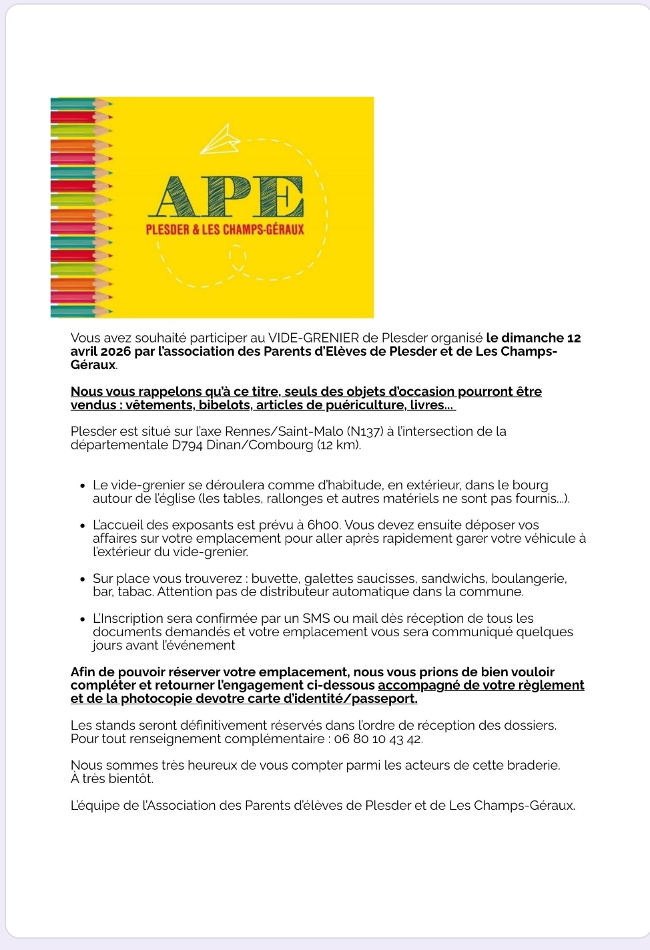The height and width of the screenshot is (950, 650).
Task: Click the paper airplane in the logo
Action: click(x=220, y=139)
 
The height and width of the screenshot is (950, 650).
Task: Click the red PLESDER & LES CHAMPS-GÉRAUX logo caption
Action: click(x=225, y=230)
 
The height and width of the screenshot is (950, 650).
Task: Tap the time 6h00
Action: click(x=324, y=525)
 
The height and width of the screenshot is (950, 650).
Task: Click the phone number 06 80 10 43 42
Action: click(x=378, y=738)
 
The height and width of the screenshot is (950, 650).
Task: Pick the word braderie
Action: click(x=532, y=765)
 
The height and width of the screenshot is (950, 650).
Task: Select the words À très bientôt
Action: click(x=112, y=778)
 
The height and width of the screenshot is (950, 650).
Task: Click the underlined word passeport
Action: click(x=384, y=698)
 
